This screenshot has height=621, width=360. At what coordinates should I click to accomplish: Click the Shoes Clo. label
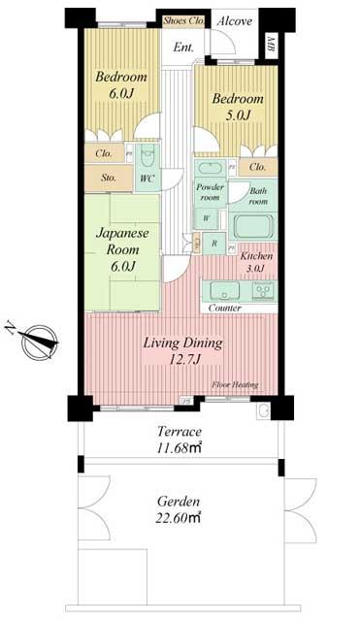(183, 18)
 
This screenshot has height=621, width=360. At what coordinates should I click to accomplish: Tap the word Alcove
(235, 19)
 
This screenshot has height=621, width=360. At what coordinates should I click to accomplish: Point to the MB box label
(269, 44)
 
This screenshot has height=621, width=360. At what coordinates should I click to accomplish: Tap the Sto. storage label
(103, 179)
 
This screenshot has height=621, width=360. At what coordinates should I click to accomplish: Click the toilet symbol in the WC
(147, 157)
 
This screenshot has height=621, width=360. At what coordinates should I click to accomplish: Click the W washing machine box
(207, 218)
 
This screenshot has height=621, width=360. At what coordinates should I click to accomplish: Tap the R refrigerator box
(214, 242)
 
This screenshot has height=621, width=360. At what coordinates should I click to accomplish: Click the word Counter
(224, 308)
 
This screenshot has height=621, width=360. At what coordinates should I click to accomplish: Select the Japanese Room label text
(120, 240)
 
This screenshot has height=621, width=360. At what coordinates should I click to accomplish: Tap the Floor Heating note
(235, 385)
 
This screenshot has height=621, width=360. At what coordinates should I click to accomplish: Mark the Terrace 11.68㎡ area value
(180, 446)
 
